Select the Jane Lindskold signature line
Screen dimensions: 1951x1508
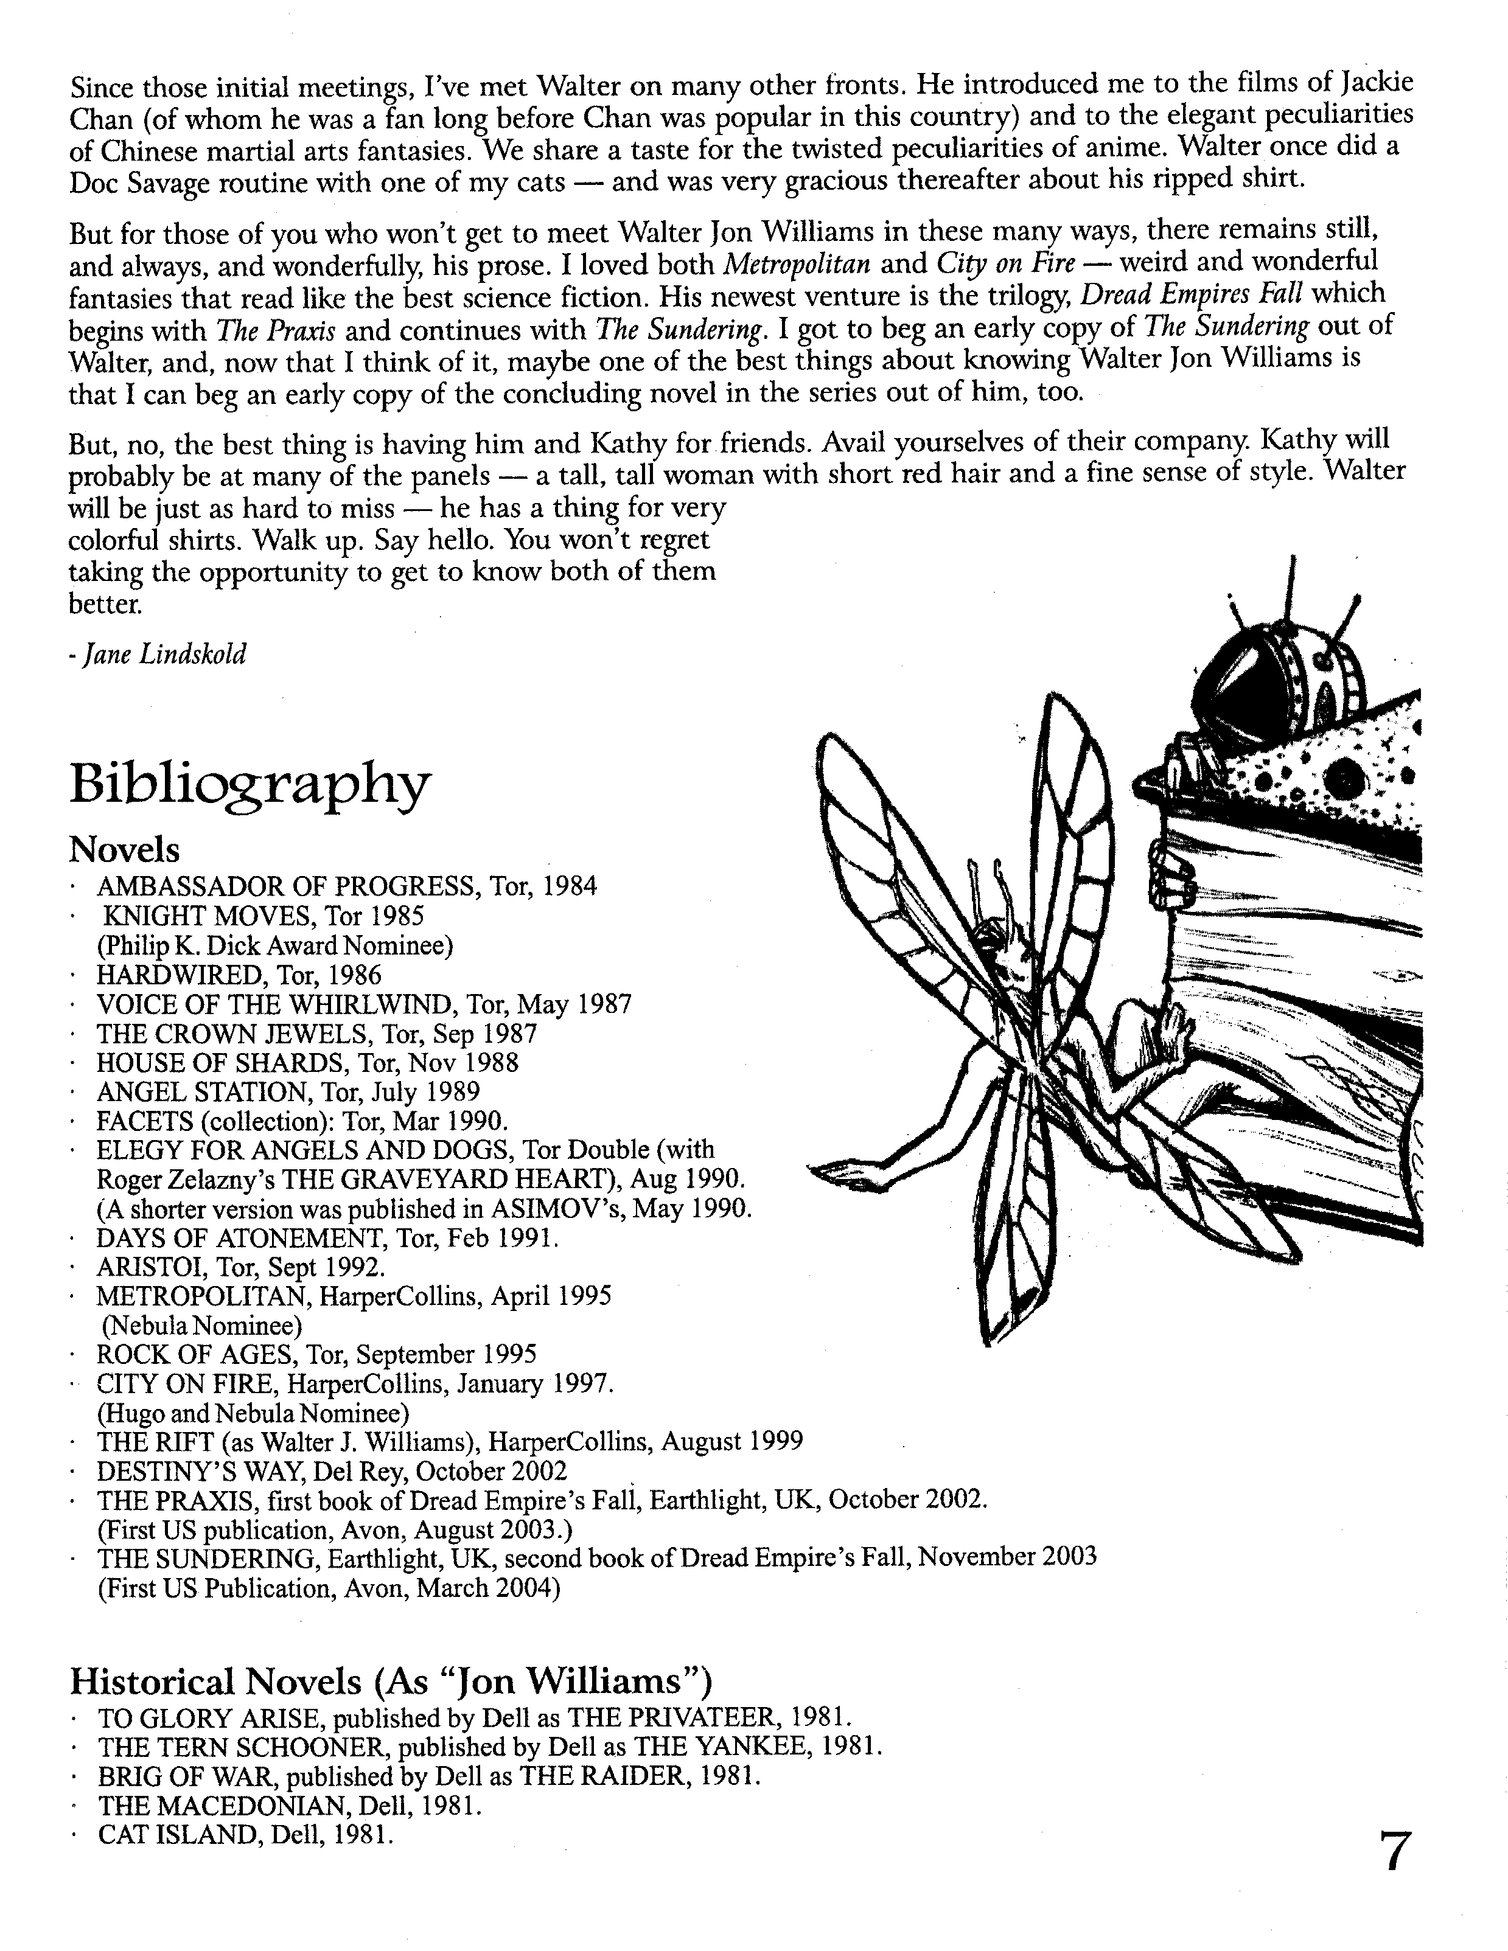click(157, 655)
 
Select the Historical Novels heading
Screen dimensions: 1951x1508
click(391, 1681)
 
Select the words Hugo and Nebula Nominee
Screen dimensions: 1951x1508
click(252, 1413)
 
